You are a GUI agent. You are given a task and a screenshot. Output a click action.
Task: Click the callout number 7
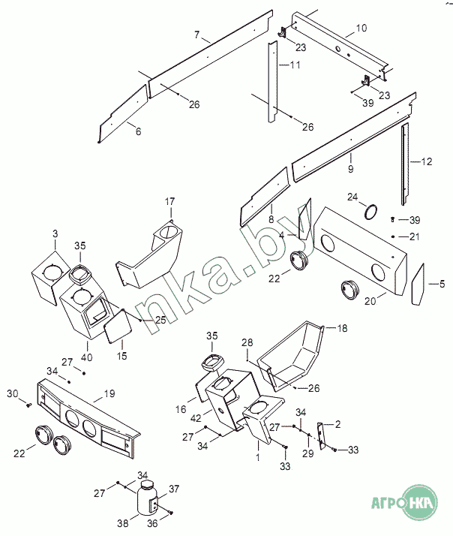point(196,35)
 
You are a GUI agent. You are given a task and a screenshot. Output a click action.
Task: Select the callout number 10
point(361,28)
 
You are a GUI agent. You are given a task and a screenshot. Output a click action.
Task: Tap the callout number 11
point(295,65)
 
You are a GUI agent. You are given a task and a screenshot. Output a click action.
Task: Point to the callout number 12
point(427,161)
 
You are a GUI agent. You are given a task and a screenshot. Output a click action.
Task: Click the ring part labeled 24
point(371,212)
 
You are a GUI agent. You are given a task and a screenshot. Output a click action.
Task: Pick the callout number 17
point(169,202)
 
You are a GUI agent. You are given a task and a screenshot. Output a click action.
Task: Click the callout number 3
point(55,233)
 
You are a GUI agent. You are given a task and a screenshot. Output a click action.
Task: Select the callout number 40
point(87,357)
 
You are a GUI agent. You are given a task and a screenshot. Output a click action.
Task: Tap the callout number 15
point(122,356)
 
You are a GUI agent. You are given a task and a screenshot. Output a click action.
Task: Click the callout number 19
point(109,393)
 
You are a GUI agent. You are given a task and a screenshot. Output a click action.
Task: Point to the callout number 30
point(13,393)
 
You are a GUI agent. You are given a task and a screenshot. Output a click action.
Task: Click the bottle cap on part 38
point(148,485)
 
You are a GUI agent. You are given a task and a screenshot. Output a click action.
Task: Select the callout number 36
point(152,523)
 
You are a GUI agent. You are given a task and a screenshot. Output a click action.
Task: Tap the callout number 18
point(342,328)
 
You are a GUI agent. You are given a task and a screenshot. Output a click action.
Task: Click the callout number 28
point(247,342)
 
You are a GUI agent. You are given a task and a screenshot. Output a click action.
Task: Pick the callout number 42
point(196,418)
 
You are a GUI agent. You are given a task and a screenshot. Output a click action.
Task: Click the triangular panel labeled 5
point(418,285)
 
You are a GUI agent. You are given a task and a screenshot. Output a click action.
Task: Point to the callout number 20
point(370,301)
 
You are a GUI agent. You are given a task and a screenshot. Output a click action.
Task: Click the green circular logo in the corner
point(419,502)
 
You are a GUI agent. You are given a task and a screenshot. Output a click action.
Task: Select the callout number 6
point(138,131)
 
